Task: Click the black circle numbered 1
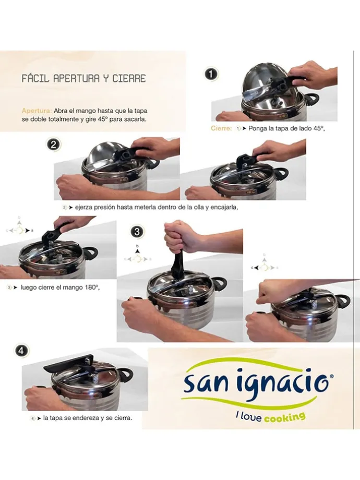pyautogui.click(x=211, y=74)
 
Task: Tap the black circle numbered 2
pyautogui.click(x=54, y=145)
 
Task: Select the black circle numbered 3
pyautogui.click(x=137, y=232)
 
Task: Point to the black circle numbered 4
pyautogui.click(x=21, y=351)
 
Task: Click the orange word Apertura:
pyautogui.click(x=37, y=111)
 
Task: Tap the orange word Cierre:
pyautogui.click(x=221, y=128)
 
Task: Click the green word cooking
pyautogui.click(x=285, y=417)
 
